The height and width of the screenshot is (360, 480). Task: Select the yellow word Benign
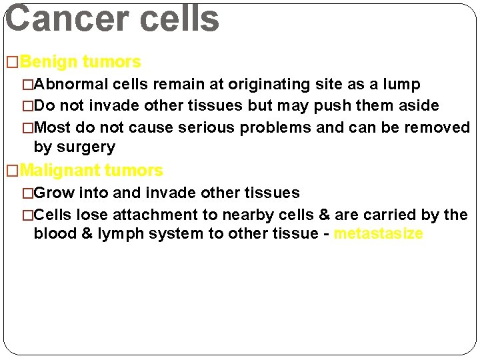tap(49, 62)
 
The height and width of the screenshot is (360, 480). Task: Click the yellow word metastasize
tap(378, 233)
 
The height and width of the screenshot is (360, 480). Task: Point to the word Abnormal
tap(71, 84)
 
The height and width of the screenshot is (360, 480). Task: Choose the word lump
tap(401, 84)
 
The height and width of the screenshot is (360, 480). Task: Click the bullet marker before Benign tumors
tap(13, 63)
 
